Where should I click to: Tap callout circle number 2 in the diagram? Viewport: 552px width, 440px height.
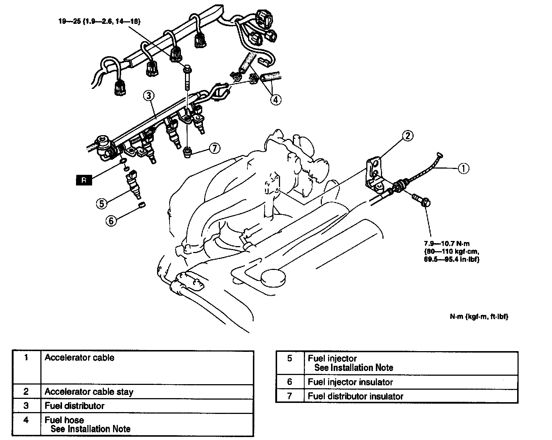click(x=408, y=136)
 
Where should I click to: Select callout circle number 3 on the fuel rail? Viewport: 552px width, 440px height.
click(x=148, y=96)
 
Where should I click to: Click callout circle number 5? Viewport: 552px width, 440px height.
click(x=102, y=203)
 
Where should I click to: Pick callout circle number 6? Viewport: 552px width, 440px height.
click(x=112, y=220)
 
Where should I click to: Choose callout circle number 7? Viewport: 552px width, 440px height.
click(x=214, y=148)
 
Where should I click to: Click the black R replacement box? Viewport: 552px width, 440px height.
click(x=84, y=180)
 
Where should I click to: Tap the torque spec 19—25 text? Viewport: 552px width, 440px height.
click(x=99, y=21)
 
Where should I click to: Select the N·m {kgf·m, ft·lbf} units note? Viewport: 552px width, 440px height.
click(x=479, y=316)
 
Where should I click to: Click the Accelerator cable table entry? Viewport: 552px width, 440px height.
click(x=80, y=358)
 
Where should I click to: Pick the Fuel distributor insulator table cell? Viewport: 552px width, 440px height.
click(x=355, y=396)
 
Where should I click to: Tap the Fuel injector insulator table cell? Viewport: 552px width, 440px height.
click(x=350, y=382)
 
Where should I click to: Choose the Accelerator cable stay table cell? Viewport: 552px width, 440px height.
click(x=89, y=392)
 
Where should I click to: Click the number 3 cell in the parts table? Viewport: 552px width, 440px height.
click(x=26, y=405)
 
